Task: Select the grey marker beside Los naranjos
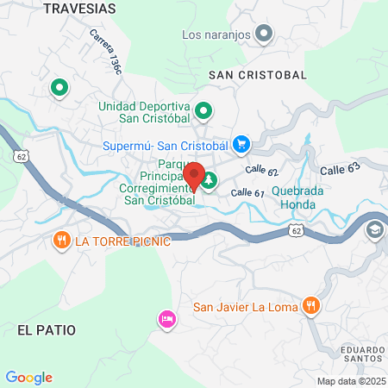point(265,34)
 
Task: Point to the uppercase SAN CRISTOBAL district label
point(258,75)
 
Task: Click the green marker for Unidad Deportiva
point(204,110)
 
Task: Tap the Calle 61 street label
point(247,192)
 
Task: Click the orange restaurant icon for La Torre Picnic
point(61,240)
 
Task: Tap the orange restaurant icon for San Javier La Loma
point(312,305)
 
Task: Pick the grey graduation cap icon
point(375,230)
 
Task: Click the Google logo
point(29,378)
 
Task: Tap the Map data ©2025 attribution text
point(350,381)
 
